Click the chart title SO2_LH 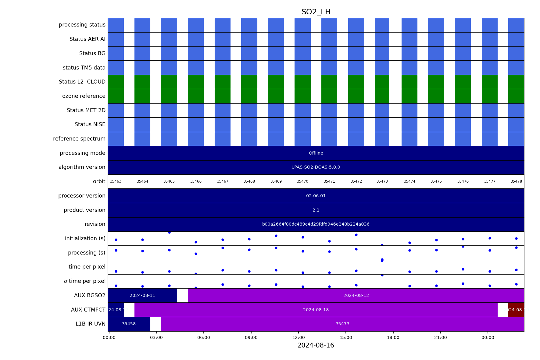click(316, 12)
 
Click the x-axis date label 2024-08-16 click(316, 345)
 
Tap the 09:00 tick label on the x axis click(251, 337)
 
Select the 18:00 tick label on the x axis click(393, 337)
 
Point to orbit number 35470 click(302, 181)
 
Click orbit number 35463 click(116, 181)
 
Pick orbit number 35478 click(516, 181)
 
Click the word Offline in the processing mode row click(316, 153)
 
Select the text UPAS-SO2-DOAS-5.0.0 click(316, 167)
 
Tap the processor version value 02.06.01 click(316, 196)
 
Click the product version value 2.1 click(316, 210)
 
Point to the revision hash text click(316, 224)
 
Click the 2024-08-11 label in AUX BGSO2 click(142, 295)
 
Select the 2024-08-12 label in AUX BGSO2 click(356, 295)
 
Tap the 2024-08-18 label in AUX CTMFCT click(316, 310)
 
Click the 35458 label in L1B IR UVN click(129, 324)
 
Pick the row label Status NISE click(90, 124)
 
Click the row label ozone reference click(84, 96)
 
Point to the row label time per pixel click(87, 267)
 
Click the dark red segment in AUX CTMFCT click(516, 310)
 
